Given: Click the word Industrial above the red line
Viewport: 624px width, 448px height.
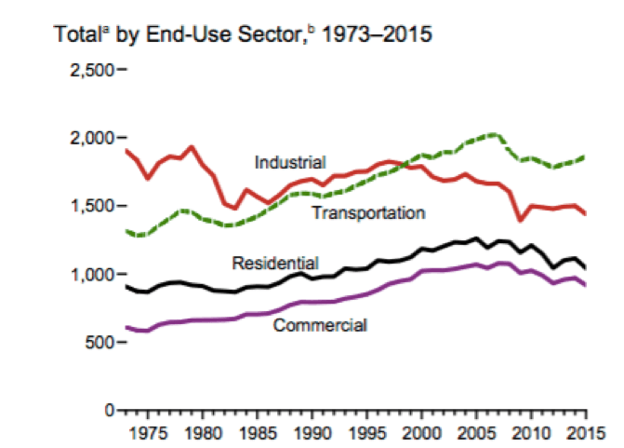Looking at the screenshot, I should point(291,163).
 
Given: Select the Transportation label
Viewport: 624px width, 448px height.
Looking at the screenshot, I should point(368,213).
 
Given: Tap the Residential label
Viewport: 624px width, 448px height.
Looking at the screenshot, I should point(276,262).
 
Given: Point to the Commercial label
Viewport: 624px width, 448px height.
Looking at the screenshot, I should point(320,325).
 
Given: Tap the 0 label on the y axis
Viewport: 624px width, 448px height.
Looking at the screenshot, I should point(109,410).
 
